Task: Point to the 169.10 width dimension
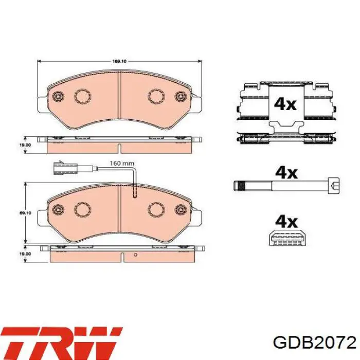(x=119, y=62)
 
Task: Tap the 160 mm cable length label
(x=122, y=163)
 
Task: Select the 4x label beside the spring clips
(x=285, y=104)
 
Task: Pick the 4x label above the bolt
(x=286, y=172)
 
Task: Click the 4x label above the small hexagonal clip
(x=286, y=221)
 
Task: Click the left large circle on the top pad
(x=82, y=96)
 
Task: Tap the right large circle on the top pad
(x=155, y=96)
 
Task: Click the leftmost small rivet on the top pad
(x=58, y=96)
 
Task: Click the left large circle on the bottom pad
(x=82, y=208)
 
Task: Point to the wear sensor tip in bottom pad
(x=134, y=195)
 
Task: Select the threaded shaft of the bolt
(x=278, y=185)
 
